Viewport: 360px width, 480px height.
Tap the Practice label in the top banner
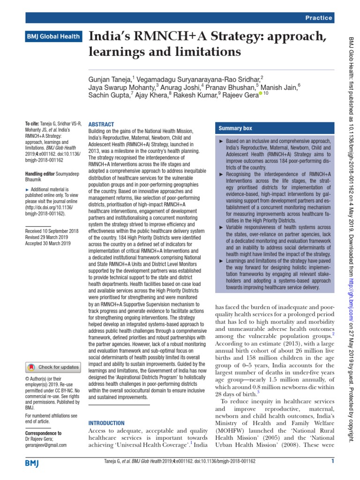[319, 18]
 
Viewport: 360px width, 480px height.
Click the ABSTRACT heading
[101, 124]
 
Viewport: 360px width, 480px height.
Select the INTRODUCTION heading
[107, 423]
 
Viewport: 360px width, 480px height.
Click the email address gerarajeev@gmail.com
[46, 445]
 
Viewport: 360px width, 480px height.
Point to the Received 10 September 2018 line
[52, 231]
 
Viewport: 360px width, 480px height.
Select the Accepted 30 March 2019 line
[47, 243]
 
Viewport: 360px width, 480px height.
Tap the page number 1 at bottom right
[332, 462]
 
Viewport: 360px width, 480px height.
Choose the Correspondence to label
[43, 433]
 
